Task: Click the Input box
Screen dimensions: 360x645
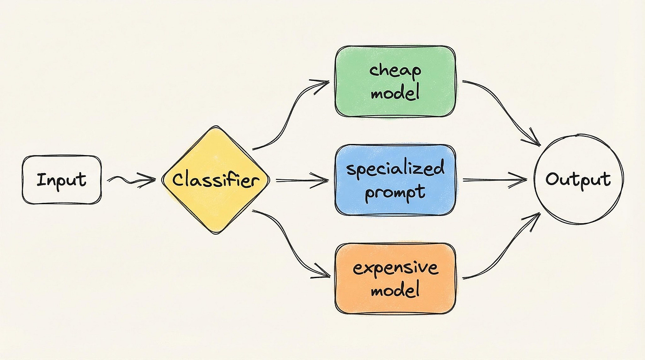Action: click(62, 180)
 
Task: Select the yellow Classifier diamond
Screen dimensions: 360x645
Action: click(215, 180)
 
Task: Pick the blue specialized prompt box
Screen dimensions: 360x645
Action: click(395, 180)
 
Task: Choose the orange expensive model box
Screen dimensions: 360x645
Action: click(395, 279)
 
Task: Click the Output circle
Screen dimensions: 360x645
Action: click(578, 179)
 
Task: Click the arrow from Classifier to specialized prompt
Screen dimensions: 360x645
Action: click(301, 180)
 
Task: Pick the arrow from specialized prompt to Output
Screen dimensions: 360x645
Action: click(494, 180)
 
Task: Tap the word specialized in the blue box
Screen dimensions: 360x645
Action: click(395, 169)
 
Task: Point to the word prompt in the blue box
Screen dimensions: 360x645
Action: click(395, 192)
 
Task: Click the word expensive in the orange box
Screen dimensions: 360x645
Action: click(395, 268)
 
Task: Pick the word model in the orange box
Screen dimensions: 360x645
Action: click(394, 291)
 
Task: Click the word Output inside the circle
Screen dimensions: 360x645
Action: click(578, 179)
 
